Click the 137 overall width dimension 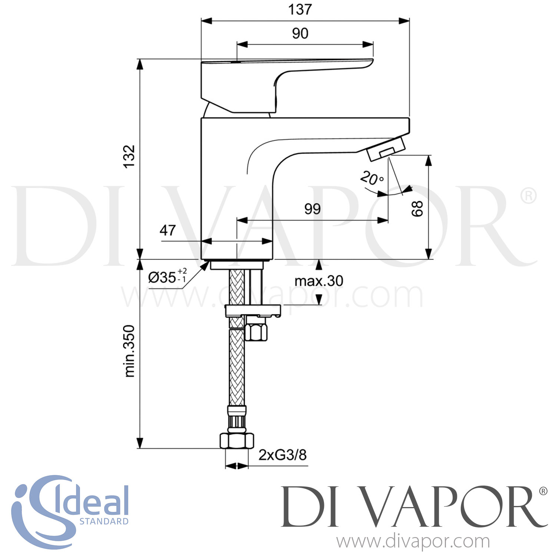click(300, 10)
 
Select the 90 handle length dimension click(300, 34)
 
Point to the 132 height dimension click(129, 156)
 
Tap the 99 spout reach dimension click(312, 209)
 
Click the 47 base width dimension click(167, 231)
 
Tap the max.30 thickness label click(319, 281)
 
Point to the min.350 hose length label click(129, 351)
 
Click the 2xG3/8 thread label click(282, 455)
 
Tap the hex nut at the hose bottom click(237, 441)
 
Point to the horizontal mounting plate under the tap click(253, 310)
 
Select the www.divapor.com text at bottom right click(413, 542)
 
